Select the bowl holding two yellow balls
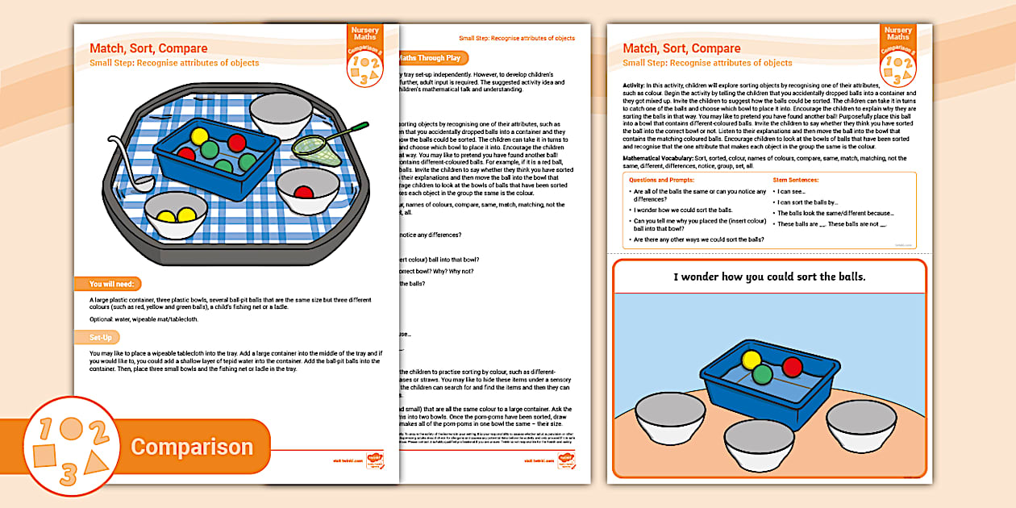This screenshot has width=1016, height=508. tap(177, 215)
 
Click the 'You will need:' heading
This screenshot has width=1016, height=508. tap(113, 284)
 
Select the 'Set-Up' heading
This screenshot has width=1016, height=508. tap(101, 337)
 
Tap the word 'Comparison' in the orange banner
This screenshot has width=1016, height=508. tap(192, 447)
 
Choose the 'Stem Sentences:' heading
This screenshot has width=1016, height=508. tap(795, 180)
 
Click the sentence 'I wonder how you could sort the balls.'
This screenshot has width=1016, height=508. tap(769, 277)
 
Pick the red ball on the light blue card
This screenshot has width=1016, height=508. tap(792, 367)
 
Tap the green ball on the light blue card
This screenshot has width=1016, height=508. tap(763, 374)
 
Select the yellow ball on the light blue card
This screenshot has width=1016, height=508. tap(752, 360)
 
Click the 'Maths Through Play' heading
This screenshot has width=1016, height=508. tap(431, 58)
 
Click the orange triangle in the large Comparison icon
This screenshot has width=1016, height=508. tap(96, 462)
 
